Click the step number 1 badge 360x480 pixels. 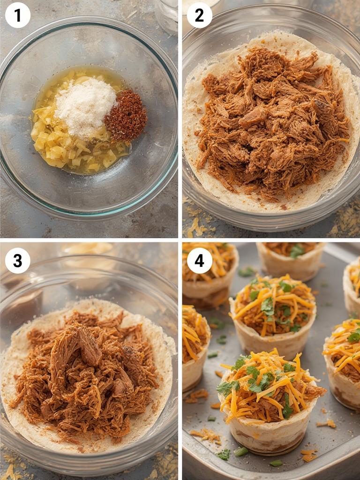[x=17, y=15]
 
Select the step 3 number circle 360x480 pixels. [x=17, y=261]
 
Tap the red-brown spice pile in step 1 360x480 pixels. [x=126, y=115]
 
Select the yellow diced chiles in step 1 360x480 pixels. [x=52, y=141]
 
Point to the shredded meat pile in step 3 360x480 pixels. [x=84, y=370]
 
